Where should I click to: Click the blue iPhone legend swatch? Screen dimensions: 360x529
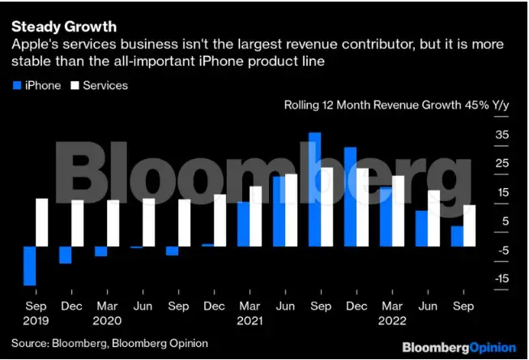point(17,85)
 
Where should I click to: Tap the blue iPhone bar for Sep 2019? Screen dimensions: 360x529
point(30,265)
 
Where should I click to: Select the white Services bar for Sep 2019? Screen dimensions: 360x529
point(42,222)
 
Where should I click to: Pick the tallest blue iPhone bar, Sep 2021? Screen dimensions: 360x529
point(315,189)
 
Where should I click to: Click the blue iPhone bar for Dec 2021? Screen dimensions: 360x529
point(350,196)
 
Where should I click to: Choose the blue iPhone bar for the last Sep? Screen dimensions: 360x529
point(457,236)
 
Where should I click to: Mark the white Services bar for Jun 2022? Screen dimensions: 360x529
point(433,218)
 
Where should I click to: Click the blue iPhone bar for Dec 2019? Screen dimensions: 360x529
point(66,255)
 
